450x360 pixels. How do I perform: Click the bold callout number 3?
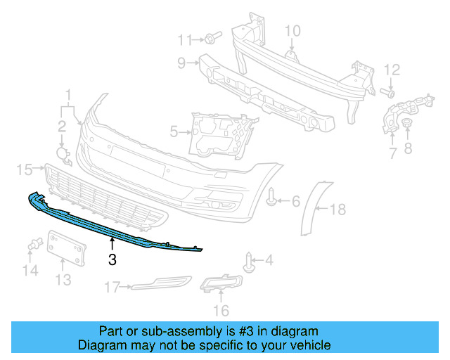click(112, 260)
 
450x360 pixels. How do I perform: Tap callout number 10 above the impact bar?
click(292, 30)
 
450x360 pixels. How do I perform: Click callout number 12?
click(392, 70)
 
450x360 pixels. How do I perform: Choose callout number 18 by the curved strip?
click(338, 209)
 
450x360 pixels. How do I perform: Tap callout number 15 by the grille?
click(25, 169)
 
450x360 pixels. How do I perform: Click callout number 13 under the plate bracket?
click(63, 281)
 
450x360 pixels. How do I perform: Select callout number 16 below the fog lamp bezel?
click(221, 310)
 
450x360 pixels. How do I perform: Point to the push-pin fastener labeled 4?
click(250, 263)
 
